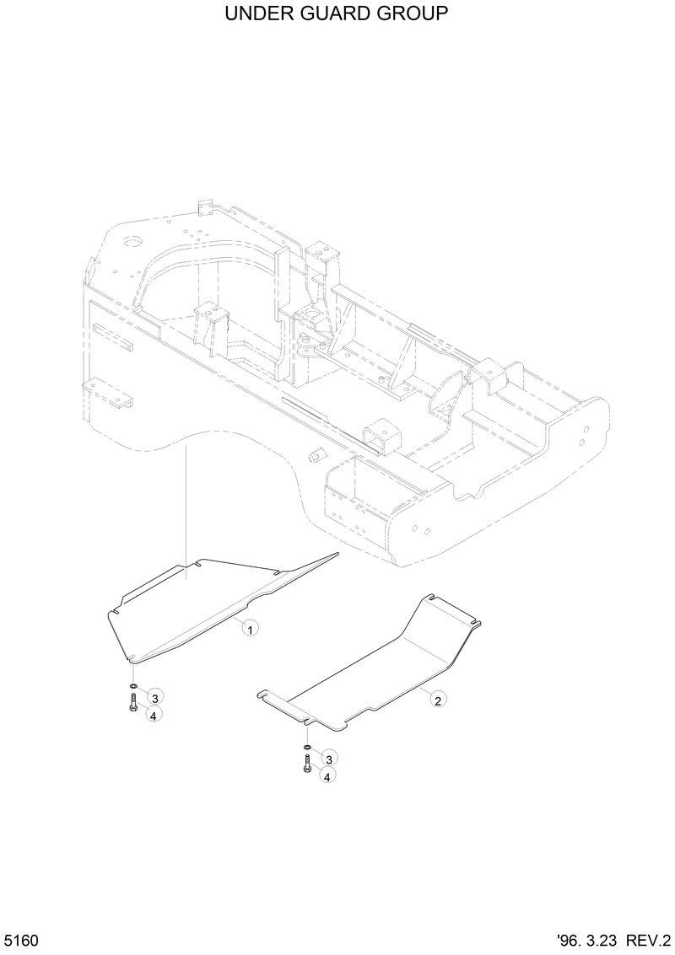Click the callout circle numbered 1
tap(250, 627)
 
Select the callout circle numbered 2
tap(437, 699)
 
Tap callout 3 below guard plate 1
tap(154, 696)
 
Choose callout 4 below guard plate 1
tap(154, 714)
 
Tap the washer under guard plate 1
tap(133, 687)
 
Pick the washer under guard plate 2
tap(307, 747)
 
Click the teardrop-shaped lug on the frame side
tap(316, 454)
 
